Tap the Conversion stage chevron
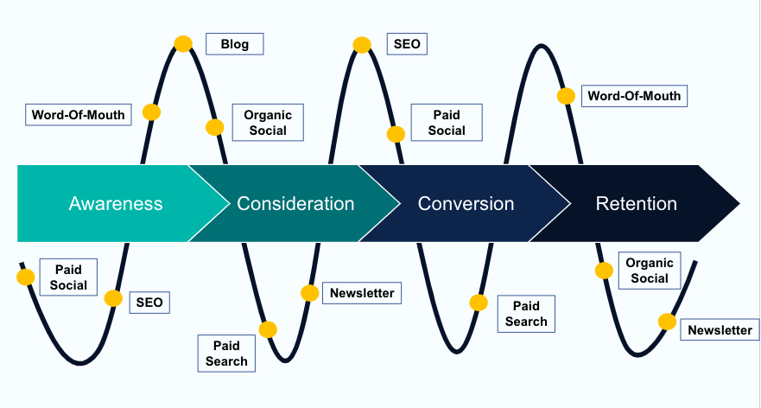pos(466,204)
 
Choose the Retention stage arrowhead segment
pos(637,204)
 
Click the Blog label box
pos(234,44)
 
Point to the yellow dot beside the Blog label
pos(183,44)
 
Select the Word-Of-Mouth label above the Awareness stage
pos(78,114)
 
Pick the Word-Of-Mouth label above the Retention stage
pos(634,96)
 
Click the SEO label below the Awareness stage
pos(149,303)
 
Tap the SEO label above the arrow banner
pos(406,44)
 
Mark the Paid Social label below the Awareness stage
pos(67,277)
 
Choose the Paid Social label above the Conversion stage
pos(446,123)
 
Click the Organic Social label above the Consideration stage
pos(268,123)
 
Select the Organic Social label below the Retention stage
pos(650,271)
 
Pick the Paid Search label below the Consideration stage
pos(226,354)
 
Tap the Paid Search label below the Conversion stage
pos(526,314)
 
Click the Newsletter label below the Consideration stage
pos(362,293)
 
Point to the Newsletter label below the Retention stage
pos(720,330)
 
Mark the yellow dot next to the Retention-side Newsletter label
pos(667,322)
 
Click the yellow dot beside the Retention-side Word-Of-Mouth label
pos(566,96)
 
